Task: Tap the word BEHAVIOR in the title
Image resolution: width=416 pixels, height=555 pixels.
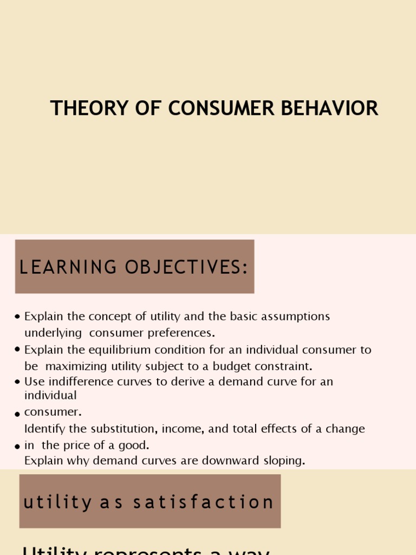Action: point(336,108)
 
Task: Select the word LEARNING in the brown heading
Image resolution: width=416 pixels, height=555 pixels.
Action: point(68,267)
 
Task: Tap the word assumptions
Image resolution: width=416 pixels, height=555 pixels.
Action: point(296,317)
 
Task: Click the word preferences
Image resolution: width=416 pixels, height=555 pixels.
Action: point(181,332)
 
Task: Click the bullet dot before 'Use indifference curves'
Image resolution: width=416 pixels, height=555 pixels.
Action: point(18,382)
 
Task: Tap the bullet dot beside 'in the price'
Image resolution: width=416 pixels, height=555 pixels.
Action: point(18,447)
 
